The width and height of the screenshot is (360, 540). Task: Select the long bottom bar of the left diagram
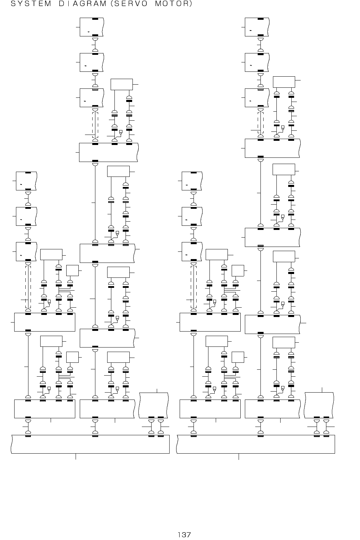[x=90, y=444]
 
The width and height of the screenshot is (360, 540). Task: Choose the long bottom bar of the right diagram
[x=256, y=444]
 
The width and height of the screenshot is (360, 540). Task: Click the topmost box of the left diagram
[x=92, y=27]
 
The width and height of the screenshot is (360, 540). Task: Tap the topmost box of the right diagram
[x=257, y=27]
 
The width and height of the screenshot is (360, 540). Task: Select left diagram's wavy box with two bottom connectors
[x=154, y=405]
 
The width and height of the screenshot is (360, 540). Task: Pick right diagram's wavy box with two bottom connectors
[x=319, y=405]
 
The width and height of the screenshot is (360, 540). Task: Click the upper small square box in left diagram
[x=72, y=270]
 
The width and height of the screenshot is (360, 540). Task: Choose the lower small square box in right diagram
[x=238, y=357]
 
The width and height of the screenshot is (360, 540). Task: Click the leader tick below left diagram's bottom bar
[x=76, y=456]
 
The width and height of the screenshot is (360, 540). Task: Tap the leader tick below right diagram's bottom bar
[x=239, y=456]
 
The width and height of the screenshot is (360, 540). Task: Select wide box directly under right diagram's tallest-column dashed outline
[x=272, y=148]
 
